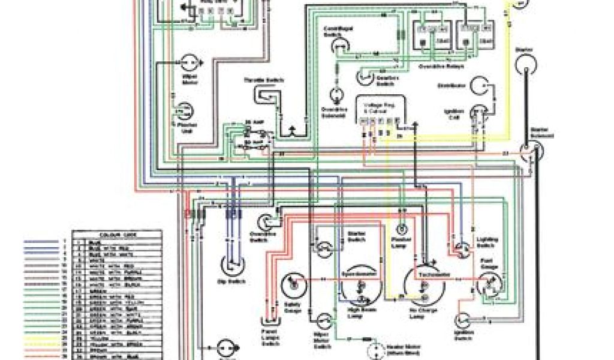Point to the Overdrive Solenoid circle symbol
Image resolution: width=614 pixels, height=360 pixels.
[335, 95]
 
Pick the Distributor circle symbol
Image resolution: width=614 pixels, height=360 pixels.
[481, 86]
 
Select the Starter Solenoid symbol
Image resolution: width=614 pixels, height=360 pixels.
[529, 151]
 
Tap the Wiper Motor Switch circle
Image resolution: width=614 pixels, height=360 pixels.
[325, 321]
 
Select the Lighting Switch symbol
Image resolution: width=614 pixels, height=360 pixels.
[462, 248]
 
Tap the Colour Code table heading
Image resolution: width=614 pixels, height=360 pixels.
[116, 234]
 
